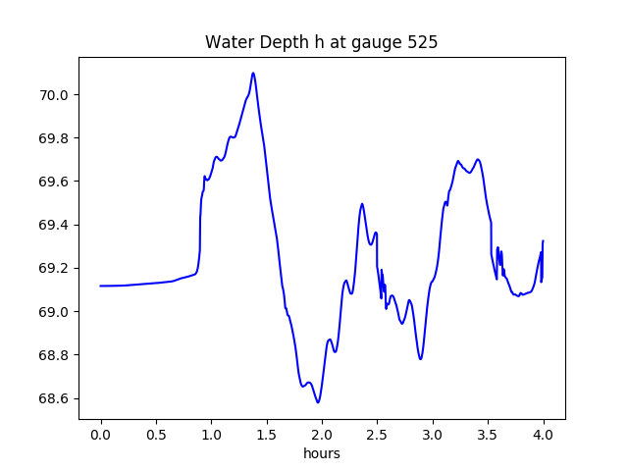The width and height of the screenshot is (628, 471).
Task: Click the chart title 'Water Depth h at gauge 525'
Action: pos(321,42)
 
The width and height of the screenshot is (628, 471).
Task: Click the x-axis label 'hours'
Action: pos(322,454)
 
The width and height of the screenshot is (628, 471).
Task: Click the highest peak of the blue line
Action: pos(253,74)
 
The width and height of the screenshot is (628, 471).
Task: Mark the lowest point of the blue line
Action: pos(318,402)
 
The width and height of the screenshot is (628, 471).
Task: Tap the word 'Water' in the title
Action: pos(225,42)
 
